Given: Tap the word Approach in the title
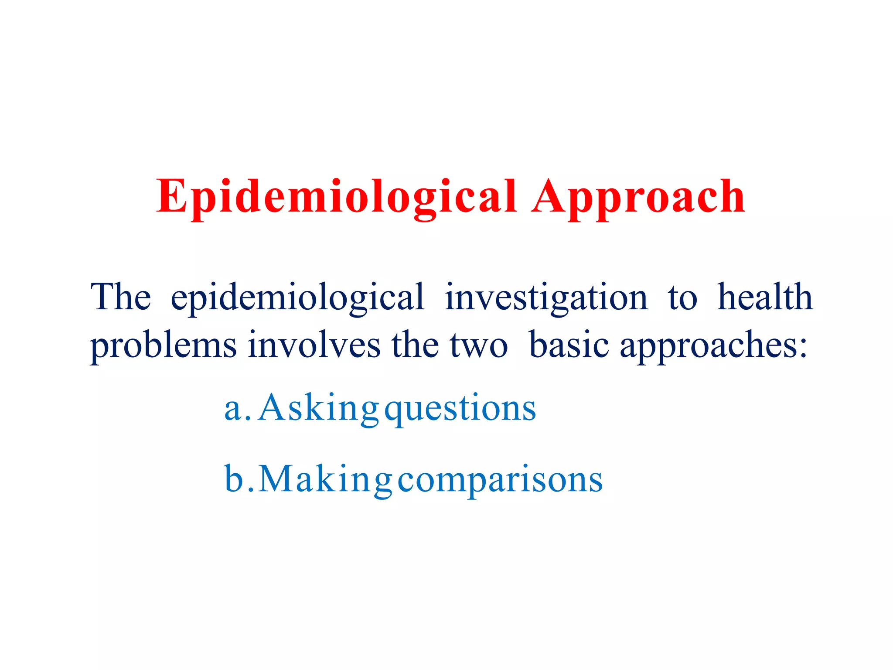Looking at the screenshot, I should click(x=638, y=197).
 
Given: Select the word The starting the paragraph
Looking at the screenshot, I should click(x=120, y=297).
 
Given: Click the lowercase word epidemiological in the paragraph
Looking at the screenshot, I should click(x=297, y=298).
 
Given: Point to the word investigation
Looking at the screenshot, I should click(x=546, y=298).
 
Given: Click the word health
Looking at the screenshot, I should click(x=765, y=297).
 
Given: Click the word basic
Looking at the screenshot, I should click(x=569, y=345).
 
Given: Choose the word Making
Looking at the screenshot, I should click(x=325, y=480).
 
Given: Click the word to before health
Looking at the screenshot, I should click(x=682, y=298).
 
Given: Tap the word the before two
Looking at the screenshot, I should click(x=415, y=345).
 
